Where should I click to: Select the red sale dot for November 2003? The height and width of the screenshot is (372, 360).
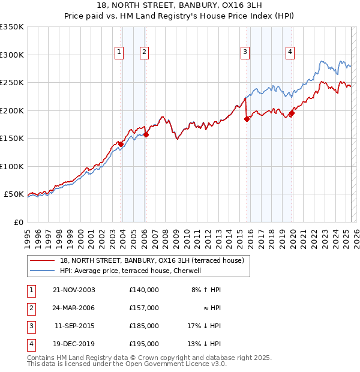pyautogui.click(x=121, y=144)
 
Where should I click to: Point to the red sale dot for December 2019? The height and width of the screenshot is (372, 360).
pyautogui.click(x=292, y=113)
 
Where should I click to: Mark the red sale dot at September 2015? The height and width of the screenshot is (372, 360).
pyautogui.click(x=247, y=119)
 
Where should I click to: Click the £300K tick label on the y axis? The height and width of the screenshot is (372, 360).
pyautogui.click(x=12, y=55)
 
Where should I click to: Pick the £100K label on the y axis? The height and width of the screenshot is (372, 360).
pyautogui.click(x=12, y=166)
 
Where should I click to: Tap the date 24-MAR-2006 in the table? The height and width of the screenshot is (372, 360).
pyautogui.click(x=74, y=308)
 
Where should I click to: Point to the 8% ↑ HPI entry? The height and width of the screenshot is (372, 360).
pyautogui.click(x=206, y=290)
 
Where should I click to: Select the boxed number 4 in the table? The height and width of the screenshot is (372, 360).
pyautogui.click(x=31, y=344)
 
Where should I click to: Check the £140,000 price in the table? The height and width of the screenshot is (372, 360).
pyautogui.click(x=143, y=290)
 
